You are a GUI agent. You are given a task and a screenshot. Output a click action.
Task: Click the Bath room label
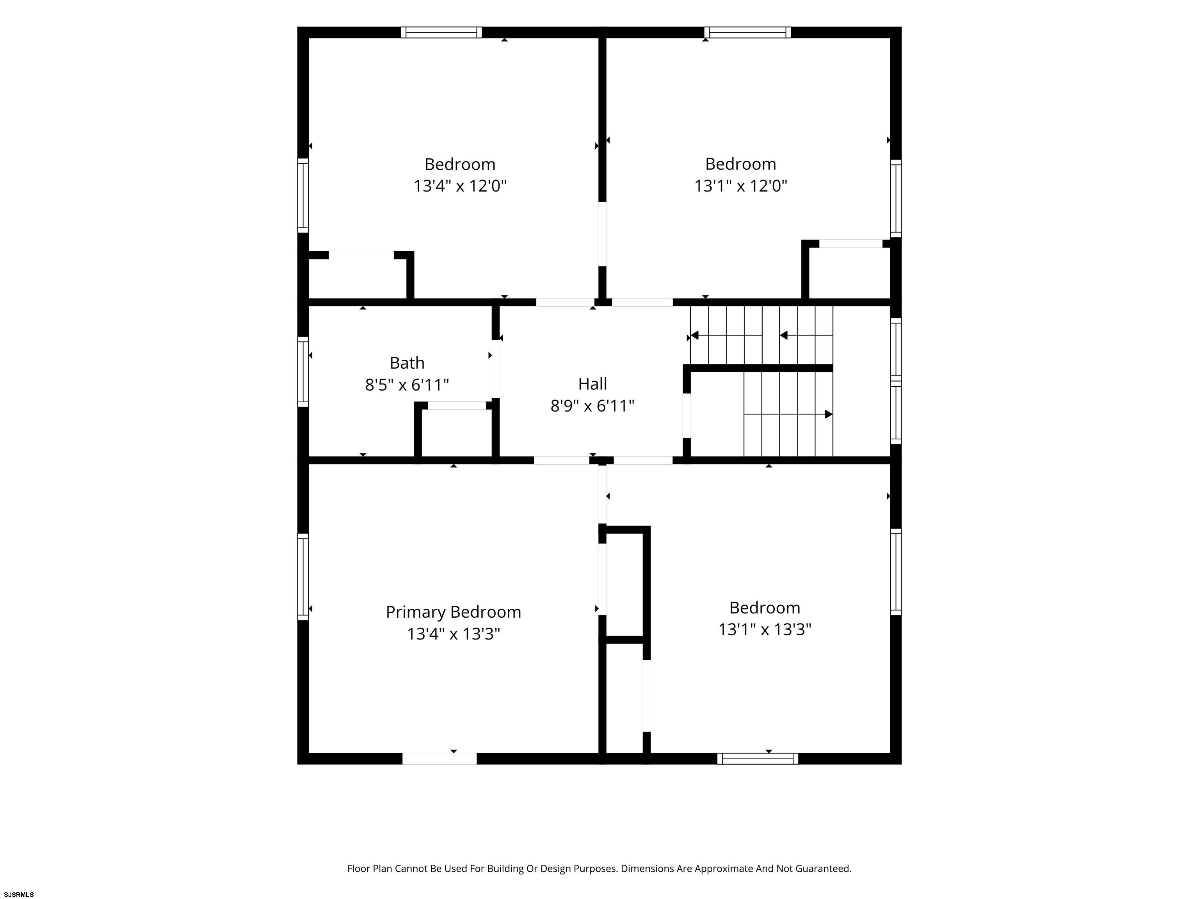(407, 362)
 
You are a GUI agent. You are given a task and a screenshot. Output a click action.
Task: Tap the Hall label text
(592, 384)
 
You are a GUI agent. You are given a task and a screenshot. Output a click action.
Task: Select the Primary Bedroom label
(453, 612)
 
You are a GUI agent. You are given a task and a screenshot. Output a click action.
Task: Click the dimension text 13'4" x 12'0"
(460, 186)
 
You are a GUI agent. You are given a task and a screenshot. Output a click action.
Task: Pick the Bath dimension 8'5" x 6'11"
(407, 385)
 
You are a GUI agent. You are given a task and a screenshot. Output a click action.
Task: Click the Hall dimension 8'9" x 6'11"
(592, 405)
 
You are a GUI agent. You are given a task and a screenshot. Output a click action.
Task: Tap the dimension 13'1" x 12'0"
(740, 186)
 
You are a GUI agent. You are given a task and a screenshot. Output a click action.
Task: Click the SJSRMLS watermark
(19, 894)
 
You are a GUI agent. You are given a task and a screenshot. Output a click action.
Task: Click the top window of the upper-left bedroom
(441, 32)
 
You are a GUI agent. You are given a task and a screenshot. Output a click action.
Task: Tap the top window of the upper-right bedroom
(747, 32)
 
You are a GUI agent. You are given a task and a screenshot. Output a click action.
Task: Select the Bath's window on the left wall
(303, 372)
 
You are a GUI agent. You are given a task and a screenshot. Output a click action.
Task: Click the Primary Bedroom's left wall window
(303, 577)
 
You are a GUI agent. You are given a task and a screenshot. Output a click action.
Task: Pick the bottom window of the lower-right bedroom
(758, 759)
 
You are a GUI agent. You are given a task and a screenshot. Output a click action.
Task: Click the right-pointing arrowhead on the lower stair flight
(829, 414)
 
